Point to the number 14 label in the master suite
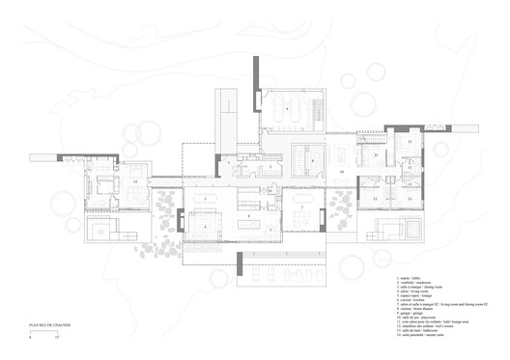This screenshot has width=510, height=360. [136, 180]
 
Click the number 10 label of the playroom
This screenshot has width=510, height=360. [342, 170]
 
